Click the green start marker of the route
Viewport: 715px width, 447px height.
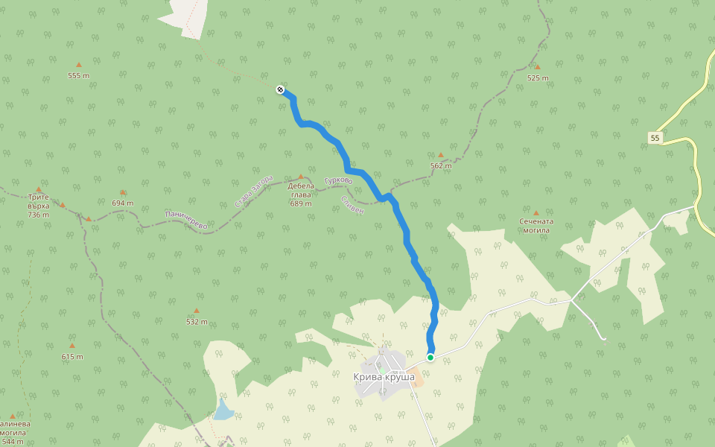(x=430, y=358)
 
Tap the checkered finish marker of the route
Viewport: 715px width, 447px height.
(x=280, y=89)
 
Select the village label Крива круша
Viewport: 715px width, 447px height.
(x=384, y=377)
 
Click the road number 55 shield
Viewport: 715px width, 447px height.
(x=655, y=138)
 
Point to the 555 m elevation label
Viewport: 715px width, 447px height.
(x=78, y=76)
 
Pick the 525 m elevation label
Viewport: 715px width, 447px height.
(x=538, y=78)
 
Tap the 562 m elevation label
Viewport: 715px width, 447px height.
(x=441, y=166)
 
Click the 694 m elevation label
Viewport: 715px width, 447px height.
(x=123, y=203)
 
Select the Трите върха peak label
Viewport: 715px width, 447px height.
(x=38, y=206)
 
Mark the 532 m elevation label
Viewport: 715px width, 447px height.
(x=197, y=322)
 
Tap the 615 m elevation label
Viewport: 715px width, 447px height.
(x=72, y=357)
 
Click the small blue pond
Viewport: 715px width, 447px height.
(x=222, y=410)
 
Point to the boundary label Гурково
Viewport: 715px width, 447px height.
(x=339, y=180)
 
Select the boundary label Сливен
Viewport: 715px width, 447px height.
(x=352, y=205)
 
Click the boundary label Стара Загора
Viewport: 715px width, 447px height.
(x=254, y=191)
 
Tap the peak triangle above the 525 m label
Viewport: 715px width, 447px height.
(x=537, y=67)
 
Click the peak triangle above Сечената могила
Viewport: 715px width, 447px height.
(x=536, y=212)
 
